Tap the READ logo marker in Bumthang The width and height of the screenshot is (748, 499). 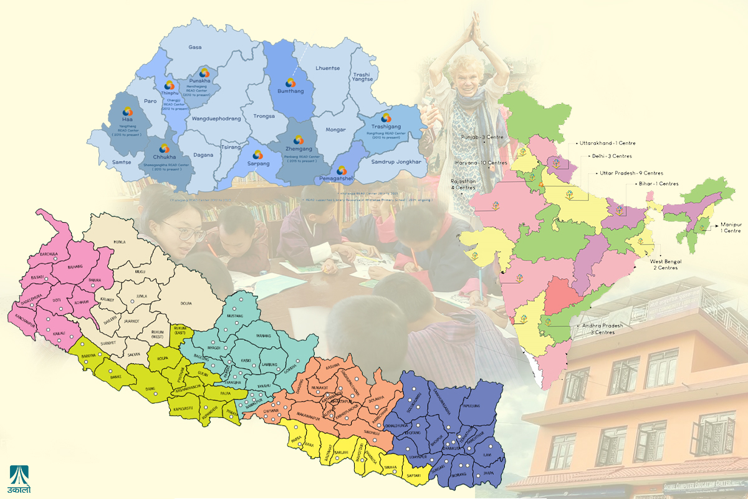pyautogui.click(x=290, y=82)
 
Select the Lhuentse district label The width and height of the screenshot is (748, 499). pyautogui.click(x=328, y=68)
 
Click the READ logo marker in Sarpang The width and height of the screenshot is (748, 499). pyautogui.click(x=257, y=155)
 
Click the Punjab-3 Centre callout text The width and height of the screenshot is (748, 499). pyautogui.click(x=482, y=136)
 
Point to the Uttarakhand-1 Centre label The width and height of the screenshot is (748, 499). pyautogui.click(x=608, y=143)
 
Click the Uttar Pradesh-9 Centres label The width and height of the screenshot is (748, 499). pyautogui.click(x=631, y=173)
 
